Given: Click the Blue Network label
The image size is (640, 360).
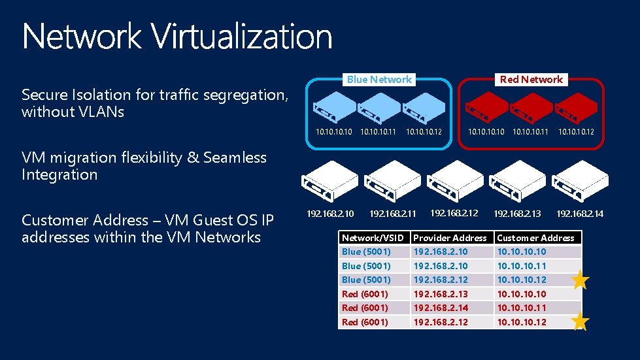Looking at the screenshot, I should coord(379,80).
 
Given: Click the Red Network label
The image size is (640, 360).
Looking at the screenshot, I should coord(531,80).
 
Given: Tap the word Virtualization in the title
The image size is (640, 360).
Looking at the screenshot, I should coord(243,37).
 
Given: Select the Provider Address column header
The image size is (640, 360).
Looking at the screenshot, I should coord(450,238).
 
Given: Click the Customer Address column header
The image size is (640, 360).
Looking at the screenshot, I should coord(535,238).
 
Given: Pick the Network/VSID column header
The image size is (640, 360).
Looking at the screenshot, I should coord(373,238).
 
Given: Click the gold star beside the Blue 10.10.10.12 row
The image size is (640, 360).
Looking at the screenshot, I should coord(581,280).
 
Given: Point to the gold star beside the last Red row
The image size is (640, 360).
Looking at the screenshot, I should coord(581,321).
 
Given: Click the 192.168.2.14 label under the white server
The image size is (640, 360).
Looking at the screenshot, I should coord(580,214).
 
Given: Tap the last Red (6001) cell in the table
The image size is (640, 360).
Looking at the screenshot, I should coord(365,322).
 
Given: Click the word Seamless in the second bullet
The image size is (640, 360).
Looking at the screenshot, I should coord(235,157).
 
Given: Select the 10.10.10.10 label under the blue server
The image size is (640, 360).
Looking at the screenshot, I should coord(334,132).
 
